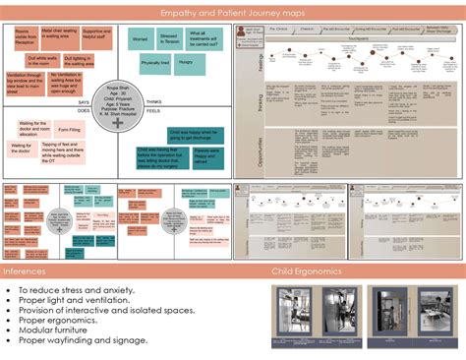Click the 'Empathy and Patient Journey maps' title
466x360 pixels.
233,14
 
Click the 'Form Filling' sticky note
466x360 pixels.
69,128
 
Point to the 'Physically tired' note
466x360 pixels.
154,63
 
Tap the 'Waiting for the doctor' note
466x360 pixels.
21,148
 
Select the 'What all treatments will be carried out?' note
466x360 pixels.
203,39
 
